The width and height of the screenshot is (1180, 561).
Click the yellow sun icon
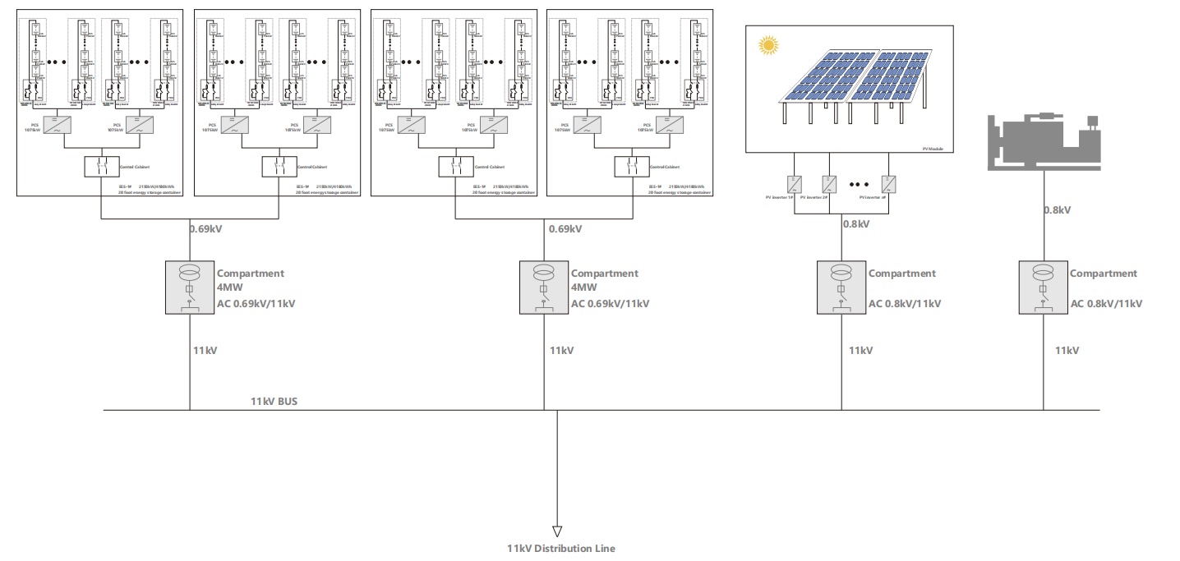click(768, 45)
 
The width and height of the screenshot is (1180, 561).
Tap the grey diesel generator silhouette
click(1042, 141)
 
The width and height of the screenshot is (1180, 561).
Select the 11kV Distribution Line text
click(560, 548)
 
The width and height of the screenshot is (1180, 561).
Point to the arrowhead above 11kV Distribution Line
click(557, 531)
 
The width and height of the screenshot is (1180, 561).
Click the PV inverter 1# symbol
click(795, 183)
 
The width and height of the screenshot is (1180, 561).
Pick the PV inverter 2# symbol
click(830, 183)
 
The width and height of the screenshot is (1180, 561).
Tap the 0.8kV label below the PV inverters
click(856, 223)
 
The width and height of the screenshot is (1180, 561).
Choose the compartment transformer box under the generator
click(1043, 287)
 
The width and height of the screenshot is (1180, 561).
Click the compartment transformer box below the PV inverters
click(841, 287)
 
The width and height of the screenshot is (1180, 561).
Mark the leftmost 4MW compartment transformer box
click(190, 287)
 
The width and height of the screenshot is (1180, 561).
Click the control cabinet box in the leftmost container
click(102, 166)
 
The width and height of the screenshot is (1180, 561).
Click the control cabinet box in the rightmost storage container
click(631, 166)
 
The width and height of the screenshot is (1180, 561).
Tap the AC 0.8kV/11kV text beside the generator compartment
click(1106, 304)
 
